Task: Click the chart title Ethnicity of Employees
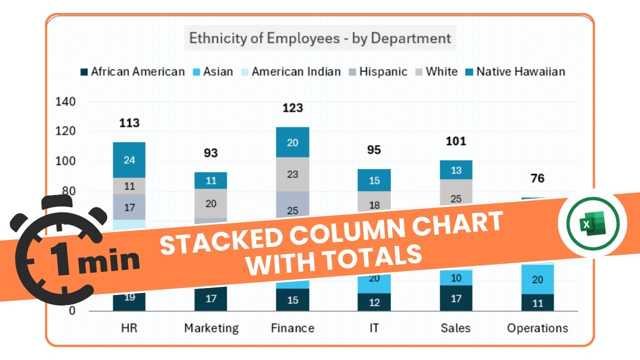click(320, 38)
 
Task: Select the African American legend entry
click(132, 71)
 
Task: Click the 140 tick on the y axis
click(65, 102)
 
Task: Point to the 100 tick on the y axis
click(65, 161)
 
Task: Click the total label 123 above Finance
click(292, 108)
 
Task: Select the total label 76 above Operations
click(537, 178)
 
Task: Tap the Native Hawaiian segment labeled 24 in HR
click(129, 160)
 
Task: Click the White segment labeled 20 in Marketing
click(210, 203)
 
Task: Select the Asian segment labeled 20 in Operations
click(537, 279)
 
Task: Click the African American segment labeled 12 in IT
click(374, 302)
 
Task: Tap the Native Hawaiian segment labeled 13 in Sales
click(456, 170)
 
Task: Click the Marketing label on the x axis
click(211, 328)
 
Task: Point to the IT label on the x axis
click(374, 328)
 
